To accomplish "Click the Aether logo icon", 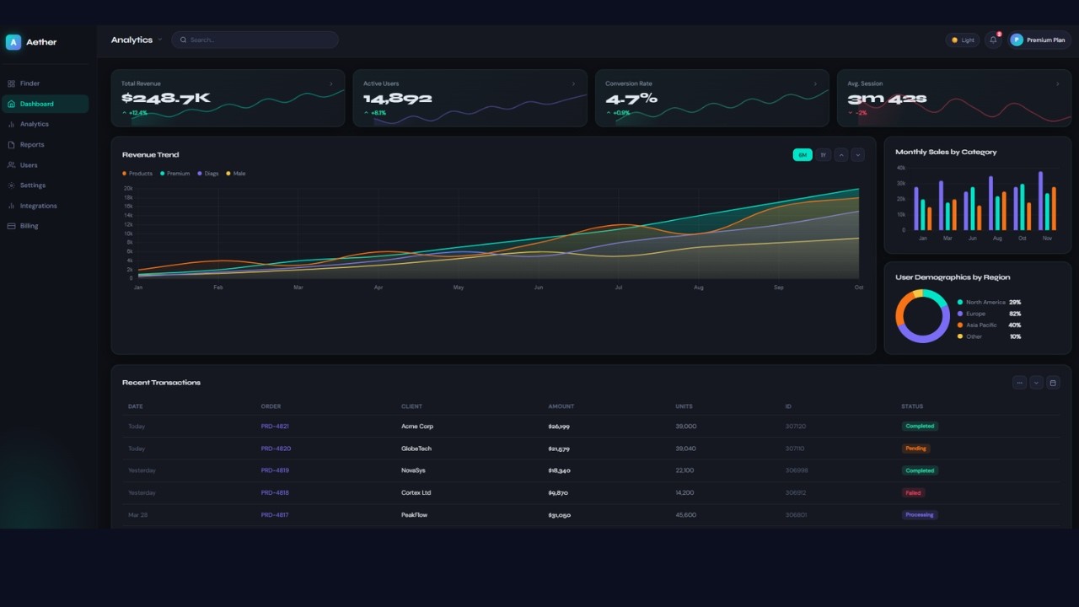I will tap(13, 42).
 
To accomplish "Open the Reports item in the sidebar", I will tap(32, 145).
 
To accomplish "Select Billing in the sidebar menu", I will tap(29, 226).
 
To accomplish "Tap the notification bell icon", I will tap(993, 40).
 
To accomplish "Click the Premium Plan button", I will tap(1039, 40).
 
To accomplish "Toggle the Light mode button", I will tap(962, 40).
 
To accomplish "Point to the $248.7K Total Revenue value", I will tap(165, 99).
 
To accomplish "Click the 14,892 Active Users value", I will tap(397, 99).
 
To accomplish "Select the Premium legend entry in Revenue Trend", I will tap(178, 174).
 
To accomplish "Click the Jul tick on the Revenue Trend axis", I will tap(619, 287).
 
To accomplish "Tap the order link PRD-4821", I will tap(275, 427).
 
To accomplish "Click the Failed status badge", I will tap(913, 493).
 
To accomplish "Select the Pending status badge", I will tap(915, 449).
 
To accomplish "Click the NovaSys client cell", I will tap(413, 470).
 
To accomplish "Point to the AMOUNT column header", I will tap(561, 406).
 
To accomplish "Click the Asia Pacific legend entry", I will tap(981, 325).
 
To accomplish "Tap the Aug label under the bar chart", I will tap(997, 239).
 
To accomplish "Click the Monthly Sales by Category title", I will tap(946, 153).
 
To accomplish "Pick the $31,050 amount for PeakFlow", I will tap(559, 515).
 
